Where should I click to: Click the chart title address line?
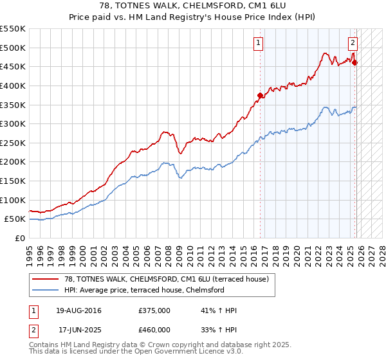[192, 5]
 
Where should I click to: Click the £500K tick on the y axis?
[13, 48]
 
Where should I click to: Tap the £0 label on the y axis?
[19, 238]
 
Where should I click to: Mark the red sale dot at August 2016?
[261, 96]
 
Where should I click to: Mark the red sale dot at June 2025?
[355, 62]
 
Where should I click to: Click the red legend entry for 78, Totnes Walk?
[170, 278]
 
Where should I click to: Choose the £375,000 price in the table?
[154, 311]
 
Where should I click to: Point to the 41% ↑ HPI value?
[219, 311]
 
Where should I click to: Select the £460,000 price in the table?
[154, 329]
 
